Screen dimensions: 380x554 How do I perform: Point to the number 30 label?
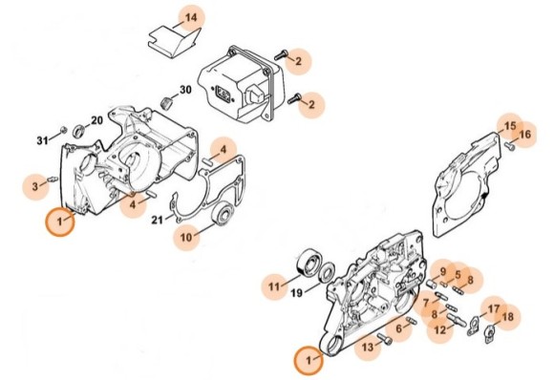184,90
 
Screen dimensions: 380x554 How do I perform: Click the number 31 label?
42,140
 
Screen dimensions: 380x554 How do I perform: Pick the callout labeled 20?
96,120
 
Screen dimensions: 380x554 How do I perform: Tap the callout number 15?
509,127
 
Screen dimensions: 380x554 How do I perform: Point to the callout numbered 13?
366,348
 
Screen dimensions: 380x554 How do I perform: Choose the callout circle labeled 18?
507,317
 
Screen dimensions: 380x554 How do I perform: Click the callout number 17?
494,308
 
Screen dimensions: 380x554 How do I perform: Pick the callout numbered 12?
440,329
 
